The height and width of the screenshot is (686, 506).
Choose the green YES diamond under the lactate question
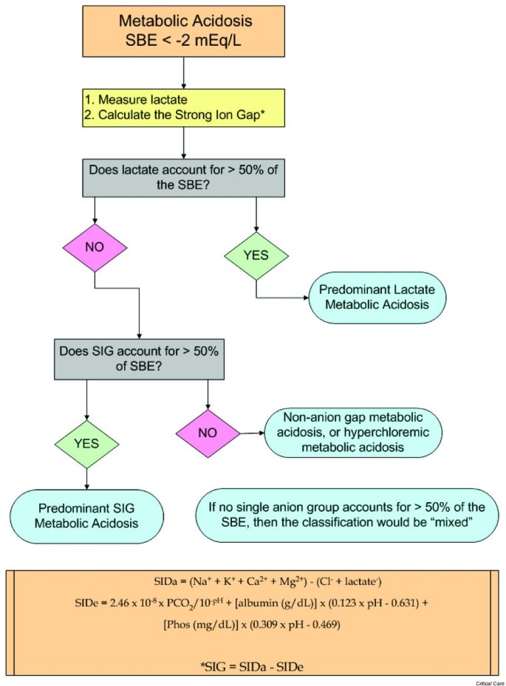(256, 255)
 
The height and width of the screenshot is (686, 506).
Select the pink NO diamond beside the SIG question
(208, 430)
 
